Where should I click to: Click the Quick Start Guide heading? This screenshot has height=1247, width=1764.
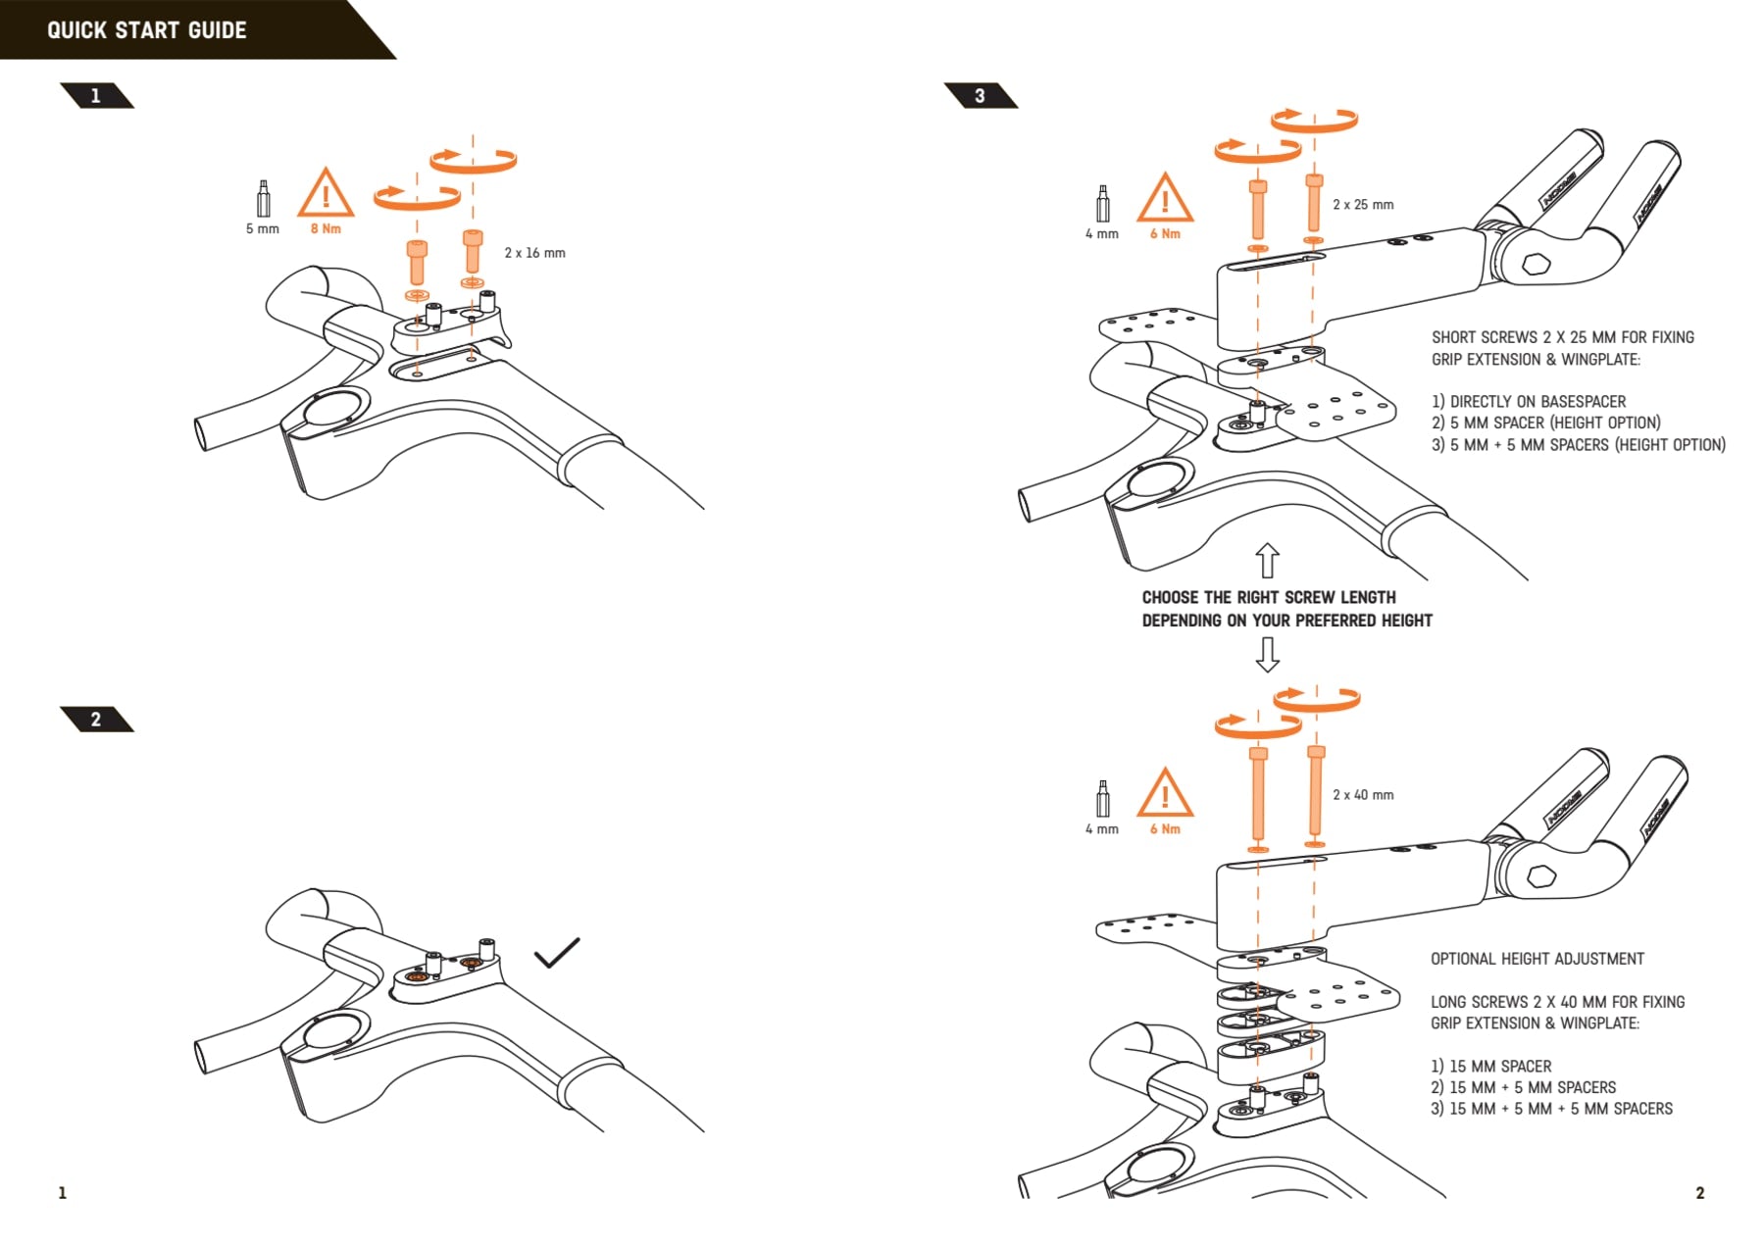tap(147, 30)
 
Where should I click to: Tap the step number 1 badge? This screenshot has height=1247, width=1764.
tap(96, 96)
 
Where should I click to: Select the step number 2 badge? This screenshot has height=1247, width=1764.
tap(96, 720)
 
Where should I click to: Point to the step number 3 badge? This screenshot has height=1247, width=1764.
tap(980, 96)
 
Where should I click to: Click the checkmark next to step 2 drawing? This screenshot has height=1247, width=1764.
tap(556, 952)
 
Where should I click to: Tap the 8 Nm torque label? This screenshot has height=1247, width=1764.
tap(326, 229)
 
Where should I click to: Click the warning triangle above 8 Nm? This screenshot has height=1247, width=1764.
tap(326, 192)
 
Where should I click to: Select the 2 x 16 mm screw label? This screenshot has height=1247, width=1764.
tap(534, 253)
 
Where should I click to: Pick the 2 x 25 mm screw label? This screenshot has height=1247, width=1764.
tap(1363, 205)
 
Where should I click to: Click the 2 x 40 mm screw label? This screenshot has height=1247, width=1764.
tap(1363, 795)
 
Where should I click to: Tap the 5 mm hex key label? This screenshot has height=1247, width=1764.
tap(262, 229)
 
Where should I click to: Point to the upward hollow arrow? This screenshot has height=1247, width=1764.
tap(1268, 561)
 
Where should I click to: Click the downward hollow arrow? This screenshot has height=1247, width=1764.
tap(1268, 655)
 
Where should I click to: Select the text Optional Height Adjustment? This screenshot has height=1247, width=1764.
tap(1537, 959)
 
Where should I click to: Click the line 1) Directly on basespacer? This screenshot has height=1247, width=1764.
tap(1529, 402)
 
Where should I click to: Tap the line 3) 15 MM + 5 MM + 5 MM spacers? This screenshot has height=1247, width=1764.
tap(1551, 1109)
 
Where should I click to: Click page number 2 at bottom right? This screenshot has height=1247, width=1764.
tap(1700, 1193)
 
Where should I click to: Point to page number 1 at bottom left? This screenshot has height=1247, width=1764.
tap(63, 1193)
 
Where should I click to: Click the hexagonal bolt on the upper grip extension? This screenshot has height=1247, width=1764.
tap(1537, 265)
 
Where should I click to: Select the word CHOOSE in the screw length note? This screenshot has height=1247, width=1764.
tap(1171, 597)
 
